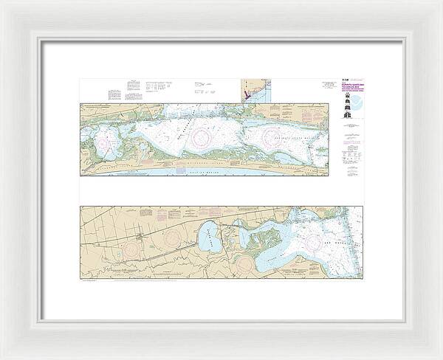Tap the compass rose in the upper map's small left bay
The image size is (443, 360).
pos(111,136)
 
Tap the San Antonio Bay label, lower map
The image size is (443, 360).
pos(336,240)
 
